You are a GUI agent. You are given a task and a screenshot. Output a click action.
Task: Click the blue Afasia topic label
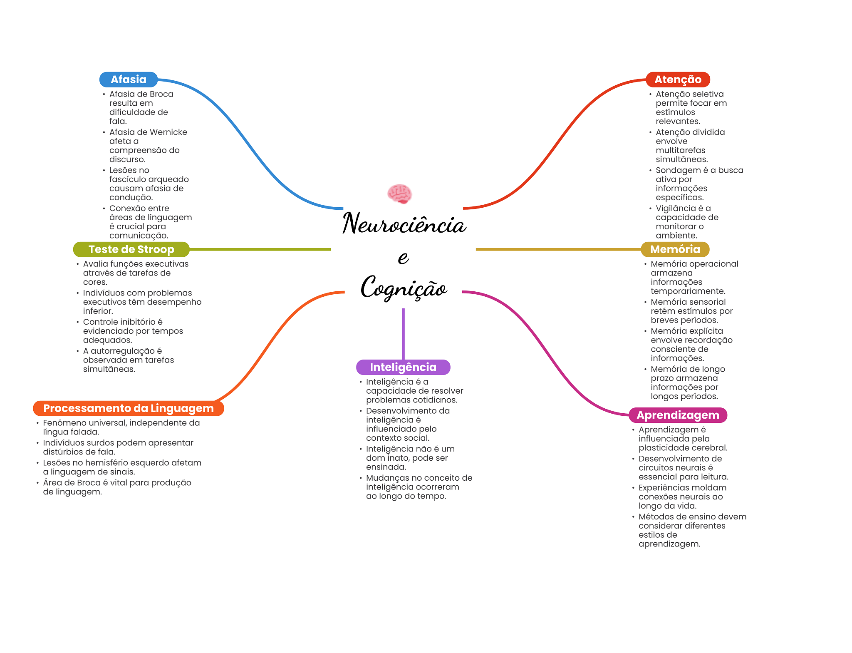tap(128, 79)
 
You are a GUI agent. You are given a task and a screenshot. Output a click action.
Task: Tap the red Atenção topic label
tap(678, 79)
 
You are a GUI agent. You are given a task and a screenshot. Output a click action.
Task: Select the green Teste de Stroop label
tap(131, 249)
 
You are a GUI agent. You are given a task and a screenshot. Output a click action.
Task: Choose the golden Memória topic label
tap(675, 249)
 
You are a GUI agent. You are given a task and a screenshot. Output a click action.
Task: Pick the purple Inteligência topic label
tap(403, 367)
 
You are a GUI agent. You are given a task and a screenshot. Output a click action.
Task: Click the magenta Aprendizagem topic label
tap(678, 415)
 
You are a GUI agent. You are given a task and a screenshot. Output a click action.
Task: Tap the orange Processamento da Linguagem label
tap(128, 408)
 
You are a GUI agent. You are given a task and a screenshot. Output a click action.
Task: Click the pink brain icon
tap(399, 194)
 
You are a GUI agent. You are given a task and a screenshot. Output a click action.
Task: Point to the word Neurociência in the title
tap(404, 224)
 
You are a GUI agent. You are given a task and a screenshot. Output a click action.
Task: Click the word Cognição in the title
tap(404, 288)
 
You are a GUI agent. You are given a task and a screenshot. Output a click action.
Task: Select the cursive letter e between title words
tap(403, 258)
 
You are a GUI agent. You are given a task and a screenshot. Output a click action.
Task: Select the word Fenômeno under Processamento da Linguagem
tap(64, 423)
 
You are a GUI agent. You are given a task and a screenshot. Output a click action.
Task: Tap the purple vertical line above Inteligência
tap(403, 333)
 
